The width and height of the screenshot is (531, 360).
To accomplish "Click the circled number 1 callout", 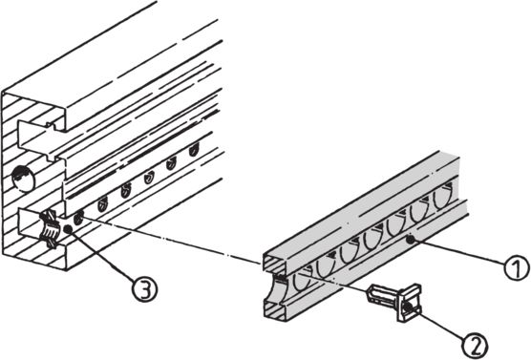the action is pos(516,267).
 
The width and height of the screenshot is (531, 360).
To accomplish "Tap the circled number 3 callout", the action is pos(144,289).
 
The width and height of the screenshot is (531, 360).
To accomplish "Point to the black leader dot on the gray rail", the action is pos(411,240).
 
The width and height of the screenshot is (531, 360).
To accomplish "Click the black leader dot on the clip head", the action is pos(408,307).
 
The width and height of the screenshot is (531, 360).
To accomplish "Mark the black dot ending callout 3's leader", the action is pos(68,229).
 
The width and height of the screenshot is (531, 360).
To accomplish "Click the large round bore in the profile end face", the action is pos(23,179).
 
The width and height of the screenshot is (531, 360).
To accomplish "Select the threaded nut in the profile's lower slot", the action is pos(50,229).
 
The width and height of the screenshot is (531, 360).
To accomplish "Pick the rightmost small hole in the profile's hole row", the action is pos(193,149).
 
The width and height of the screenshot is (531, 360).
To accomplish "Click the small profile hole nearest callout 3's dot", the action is pos(78,219).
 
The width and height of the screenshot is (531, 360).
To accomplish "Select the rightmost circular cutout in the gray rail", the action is pos(443,198).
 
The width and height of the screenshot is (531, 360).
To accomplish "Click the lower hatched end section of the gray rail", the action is pos(275,311).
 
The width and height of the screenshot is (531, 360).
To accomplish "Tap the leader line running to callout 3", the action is pos(101,255).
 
